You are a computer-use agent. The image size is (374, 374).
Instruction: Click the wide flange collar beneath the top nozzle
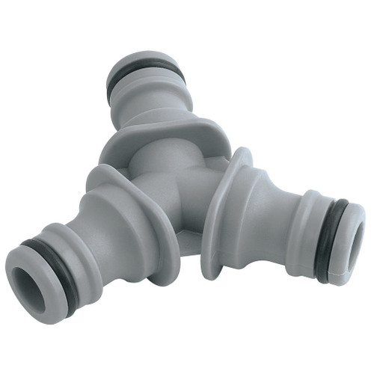coord(150,135)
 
